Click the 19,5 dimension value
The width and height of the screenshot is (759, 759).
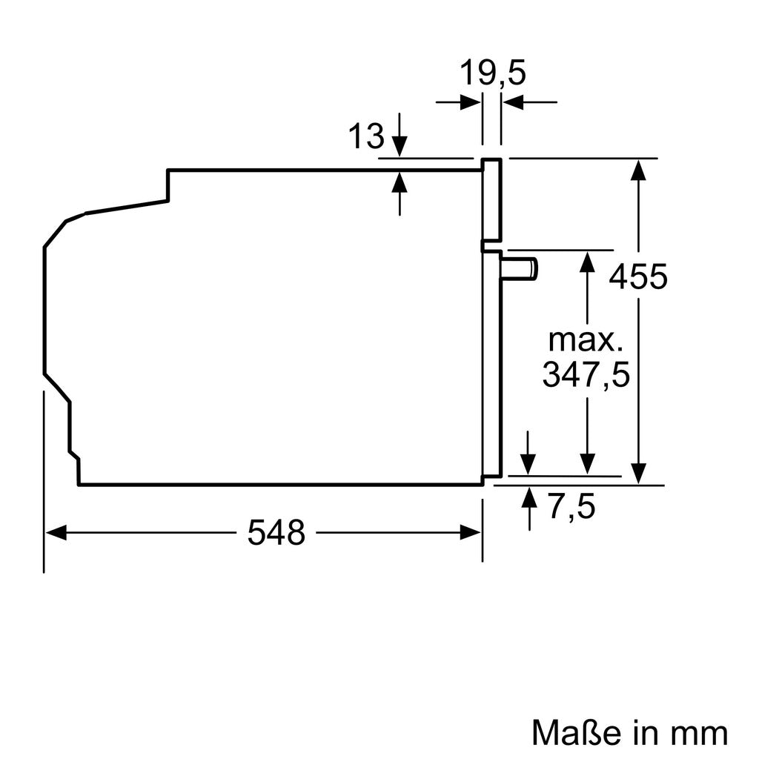click(x=492, y=74)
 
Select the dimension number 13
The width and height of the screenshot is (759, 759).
click(x=366, y=136)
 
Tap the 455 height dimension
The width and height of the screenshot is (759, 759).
click(x=638, y=277)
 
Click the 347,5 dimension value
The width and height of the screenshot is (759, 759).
click(x=586, y=374)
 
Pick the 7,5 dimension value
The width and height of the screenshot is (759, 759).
click(x=571, y=508)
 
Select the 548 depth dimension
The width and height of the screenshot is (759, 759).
click(x=276, y=532)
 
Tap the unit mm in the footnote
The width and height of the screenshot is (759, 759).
click(x=700, y=734)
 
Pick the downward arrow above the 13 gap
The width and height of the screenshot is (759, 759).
click(x=400, y=145)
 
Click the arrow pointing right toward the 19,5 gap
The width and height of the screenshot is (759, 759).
click(x=470, y=102)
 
